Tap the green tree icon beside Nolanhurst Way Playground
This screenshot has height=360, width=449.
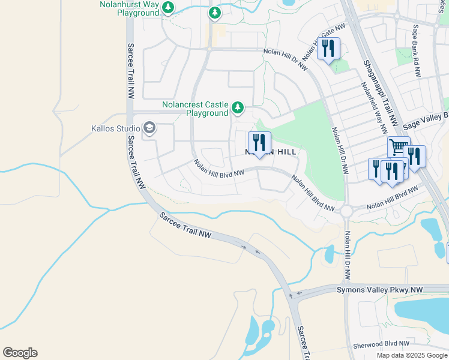tap(169, 8)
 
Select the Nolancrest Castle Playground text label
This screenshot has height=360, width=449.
tap(195, 108)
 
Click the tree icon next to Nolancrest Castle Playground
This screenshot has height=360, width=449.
tap(238, 108)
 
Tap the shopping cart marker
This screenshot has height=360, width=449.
tap(397, 147)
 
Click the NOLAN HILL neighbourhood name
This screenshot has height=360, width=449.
tap(271, 152)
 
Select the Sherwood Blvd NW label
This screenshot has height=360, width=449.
tap(381, 345)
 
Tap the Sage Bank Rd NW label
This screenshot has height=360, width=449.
tap(415, 51)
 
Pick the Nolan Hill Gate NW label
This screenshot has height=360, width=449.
tap(324, 43)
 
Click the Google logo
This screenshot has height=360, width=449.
tap(20, 353)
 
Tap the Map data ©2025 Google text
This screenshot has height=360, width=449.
tap(412, 355)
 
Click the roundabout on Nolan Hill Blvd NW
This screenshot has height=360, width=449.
tap(346, 211)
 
